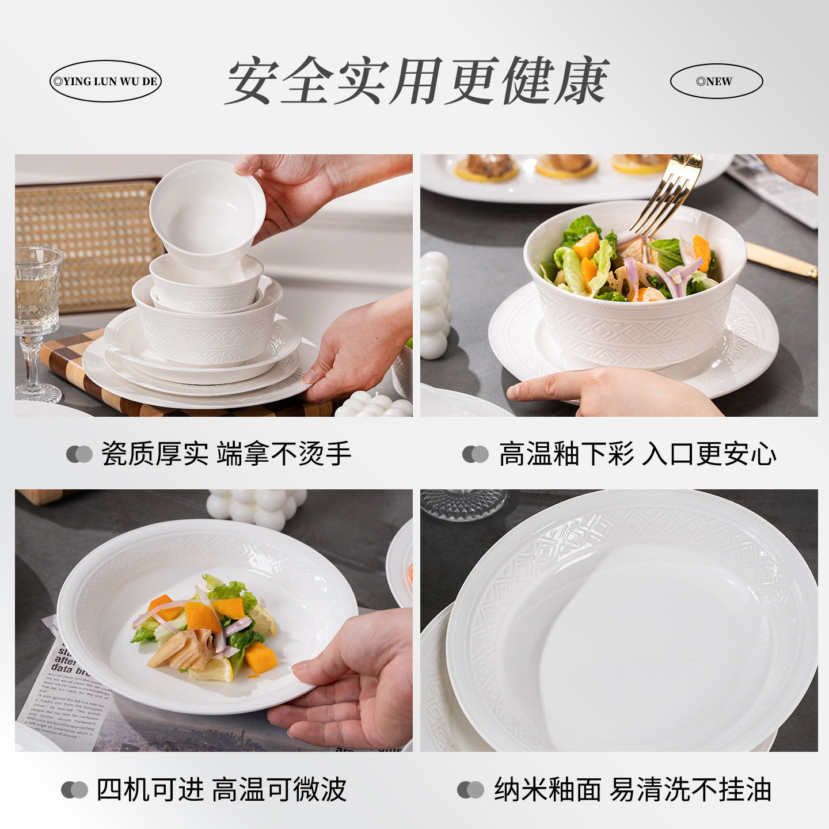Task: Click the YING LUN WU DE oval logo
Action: point(105,81)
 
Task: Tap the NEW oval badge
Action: point(716,81)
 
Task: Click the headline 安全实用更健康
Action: point(417,81)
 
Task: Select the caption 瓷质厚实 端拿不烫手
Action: point(226,454)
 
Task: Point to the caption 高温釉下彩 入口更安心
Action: point(637,454)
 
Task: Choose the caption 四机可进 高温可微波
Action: point(221,789)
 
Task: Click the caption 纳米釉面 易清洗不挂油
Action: point(632,789)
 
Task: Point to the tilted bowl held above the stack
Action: point(207,213)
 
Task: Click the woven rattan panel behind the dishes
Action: point(86,242)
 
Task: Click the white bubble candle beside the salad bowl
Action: point(435,305)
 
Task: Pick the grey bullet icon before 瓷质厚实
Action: point(79,454)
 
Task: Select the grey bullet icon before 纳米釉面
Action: point(470,790)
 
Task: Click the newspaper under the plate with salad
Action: point(69,691)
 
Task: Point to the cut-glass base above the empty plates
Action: point(463,504)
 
